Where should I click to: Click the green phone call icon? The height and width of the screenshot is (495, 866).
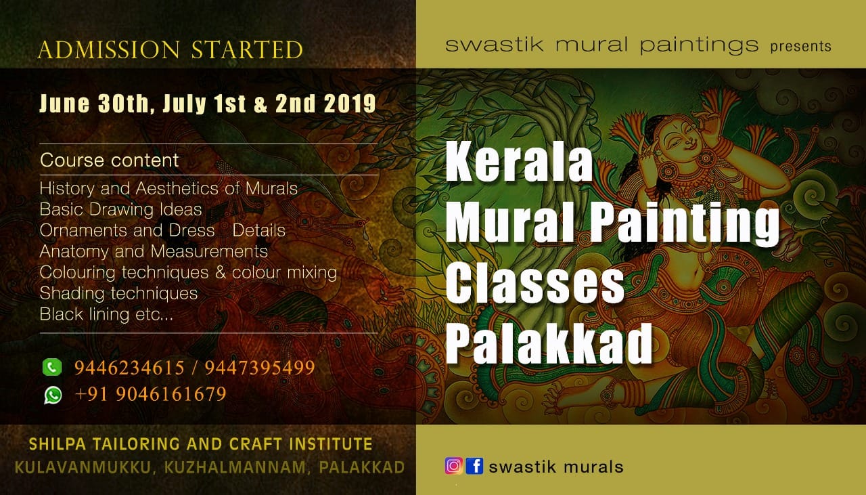coord(52,367)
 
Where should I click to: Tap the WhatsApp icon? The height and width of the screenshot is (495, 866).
coord(53,395)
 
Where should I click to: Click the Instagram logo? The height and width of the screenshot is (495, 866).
coord(454,466)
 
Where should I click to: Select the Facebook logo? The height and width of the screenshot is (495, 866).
coord(474,466)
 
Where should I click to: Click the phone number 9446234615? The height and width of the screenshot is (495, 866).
coord(129,367)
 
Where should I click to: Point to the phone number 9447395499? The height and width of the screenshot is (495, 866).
coord(260,367)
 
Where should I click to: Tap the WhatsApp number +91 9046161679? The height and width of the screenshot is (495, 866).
coord(150,394)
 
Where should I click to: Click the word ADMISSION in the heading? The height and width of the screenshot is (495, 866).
coord(109,49)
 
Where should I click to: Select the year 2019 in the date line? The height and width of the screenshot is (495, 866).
coord(350,104)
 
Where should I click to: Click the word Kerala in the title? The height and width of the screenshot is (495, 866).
coord(519,161)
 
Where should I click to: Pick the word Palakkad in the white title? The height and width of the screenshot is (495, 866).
coord(549,344)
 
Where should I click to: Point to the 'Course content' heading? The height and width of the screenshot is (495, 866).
coord(110,160)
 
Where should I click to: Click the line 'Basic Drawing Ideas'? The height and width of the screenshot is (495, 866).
coord(120,209)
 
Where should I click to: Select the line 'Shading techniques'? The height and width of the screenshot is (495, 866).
coord(118,293)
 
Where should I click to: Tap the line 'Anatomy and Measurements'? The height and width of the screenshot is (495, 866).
coord(154,252)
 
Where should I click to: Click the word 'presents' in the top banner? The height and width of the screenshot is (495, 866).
coord(800,47)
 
